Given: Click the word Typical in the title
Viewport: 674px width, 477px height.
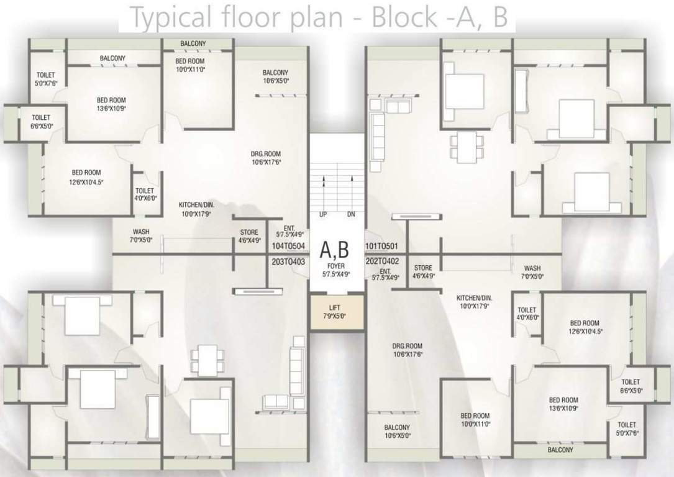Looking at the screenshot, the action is pos(170,18).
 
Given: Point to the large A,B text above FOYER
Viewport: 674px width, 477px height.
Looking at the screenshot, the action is pos(334,250).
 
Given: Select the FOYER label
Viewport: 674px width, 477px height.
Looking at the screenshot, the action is pos(335,266).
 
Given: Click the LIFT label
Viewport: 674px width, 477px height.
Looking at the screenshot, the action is pos(334,307).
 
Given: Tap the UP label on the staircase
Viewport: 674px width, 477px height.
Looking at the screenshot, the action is pos(323,214).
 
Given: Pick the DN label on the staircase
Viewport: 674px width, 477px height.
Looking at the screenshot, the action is pos(351,214).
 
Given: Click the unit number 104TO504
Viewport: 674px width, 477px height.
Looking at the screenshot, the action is pos(288,246).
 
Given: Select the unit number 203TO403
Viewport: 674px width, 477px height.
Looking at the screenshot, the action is pos(288,261).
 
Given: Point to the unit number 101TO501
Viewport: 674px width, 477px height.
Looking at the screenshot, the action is pos(381,246).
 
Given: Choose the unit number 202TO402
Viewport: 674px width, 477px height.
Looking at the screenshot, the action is pos(382,261).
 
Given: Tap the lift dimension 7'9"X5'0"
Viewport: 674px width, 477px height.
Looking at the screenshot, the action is pos(335,316).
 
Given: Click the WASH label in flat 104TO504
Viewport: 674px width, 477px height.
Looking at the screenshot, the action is pos(141,232).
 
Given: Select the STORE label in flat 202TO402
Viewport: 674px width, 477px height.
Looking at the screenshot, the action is pos(423,268).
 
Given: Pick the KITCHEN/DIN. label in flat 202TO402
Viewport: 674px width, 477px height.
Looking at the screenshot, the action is pos(474,298).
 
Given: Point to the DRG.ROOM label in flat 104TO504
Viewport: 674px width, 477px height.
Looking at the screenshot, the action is pos(266,154).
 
